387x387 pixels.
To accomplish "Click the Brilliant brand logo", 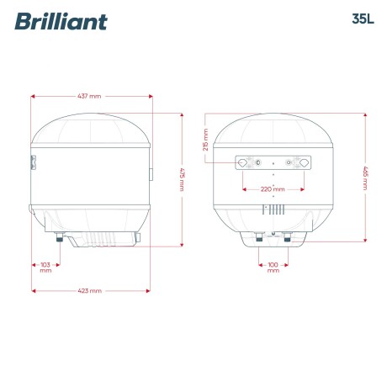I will click(61, 21).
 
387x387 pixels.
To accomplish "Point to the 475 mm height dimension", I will click(183, 180).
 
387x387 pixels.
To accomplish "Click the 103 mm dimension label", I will click(45, 268).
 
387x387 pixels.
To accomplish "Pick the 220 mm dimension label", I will click(273, 189).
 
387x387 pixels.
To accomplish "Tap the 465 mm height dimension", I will click(366, 179).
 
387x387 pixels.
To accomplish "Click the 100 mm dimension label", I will click(273, 268).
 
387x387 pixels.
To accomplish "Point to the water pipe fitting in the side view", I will click(59, 239).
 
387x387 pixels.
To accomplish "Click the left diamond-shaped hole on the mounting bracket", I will click(244, 162).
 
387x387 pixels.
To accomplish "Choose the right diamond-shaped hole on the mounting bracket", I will click(301, 162).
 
